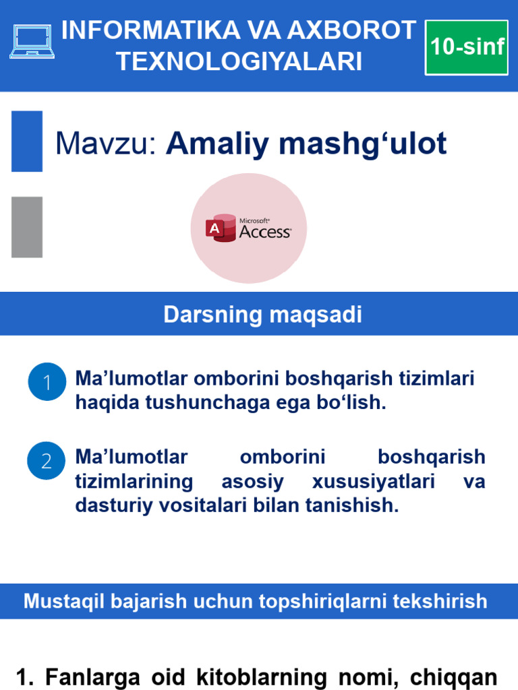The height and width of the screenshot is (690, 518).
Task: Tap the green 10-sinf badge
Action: click(x=467, y=47)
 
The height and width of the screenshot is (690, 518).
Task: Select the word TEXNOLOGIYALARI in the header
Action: click(x=239, y=61)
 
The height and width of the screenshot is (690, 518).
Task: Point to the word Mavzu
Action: click(x=105, y=144)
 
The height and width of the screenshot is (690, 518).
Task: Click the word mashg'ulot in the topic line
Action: click(x=379, y=144)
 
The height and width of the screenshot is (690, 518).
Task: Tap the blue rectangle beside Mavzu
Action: click(x=27, y=141)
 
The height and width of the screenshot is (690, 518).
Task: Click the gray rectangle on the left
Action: click(x=27, y=227)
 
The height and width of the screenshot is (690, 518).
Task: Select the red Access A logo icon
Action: click(x=216, y=228)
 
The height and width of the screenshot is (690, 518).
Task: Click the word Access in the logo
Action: click(x=265, y=232)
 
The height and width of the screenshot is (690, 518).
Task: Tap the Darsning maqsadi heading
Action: click(x=262, y=315)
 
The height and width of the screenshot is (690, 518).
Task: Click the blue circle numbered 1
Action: click(x=47, y=382)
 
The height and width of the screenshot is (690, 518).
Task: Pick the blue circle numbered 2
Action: click(x=47, y=461)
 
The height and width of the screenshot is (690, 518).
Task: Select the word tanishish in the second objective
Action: click(x=353, y=505)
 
